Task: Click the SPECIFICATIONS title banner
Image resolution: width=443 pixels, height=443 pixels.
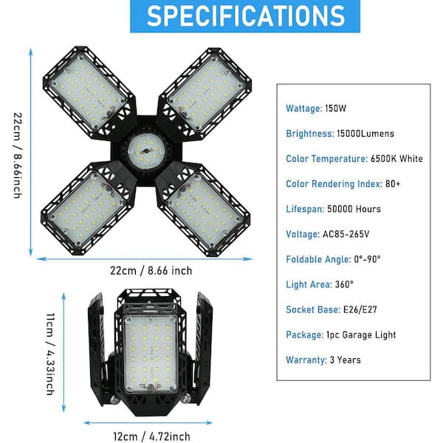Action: click(x=245, y=16)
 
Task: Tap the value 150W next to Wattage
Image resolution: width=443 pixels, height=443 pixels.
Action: click(x=335, y=109)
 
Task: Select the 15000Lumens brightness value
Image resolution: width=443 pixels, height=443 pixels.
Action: click(x=365, y=134)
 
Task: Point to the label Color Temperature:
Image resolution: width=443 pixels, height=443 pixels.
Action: click(x=326, y=159)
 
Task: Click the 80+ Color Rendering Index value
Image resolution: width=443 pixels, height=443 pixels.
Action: click(x=393, y=184)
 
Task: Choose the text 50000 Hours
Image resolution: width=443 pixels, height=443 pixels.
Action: click(x=354, y=209)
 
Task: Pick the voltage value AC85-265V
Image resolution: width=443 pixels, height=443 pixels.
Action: click(x=346, y=234)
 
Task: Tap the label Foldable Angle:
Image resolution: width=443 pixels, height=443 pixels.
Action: click(x=318, y=259)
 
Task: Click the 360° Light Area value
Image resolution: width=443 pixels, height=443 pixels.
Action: click(x=344, y=284)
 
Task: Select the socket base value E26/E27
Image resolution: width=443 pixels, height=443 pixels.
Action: click(x=360, y=309)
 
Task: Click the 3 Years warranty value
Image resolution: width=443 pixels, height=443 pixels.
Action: click(x=346, y=360)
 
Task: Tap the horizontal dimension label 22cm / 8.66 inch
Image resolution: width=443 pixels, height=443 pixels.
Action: click(x=151, y=271)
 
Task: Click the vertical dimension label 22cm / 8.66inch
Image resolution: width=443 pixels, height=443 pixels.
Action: click(x=18, y=155)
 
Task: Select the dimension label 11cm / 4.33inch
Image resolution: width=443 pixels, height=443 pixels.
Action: click(x=50, y=354)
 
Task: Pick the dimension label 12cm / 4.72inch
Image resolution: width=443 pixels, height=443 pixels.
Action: click(x=151, y=436)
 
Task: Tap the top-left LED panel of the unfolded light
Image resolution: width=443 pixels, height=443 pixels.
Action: click(x=88, y=92)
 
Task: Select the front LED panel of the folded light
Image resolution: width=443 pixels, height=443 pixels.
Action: click(x=150, y=354)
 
